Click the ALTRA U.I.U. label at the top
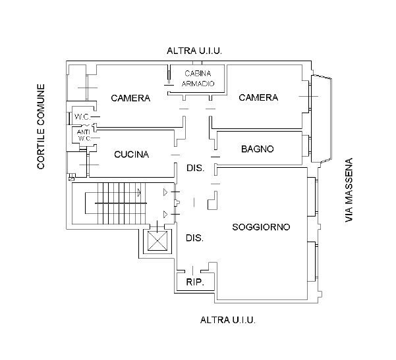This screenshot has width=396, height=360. point(194,51)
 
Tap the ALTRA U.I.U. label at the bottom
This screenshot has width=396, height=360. point(227,320)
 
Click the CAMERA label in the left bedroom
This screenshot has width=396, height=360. point(130,98)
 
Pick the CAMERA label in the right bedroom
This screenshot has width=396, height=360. point(258,97)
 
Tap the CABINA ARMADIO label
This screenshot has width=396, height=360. point(198,78)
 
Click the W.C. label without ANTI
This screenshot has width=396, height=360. point(82,117)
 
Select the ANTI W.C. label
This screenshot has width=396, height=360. point(83,134)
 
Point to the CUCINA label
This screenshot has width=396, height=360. point(132,155)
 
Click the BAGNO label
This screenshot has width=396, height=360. point(257,149)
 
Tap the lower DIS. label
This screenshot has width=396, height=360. point(193,238)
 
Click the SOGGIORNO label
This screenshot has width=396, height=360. point(262,227)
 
